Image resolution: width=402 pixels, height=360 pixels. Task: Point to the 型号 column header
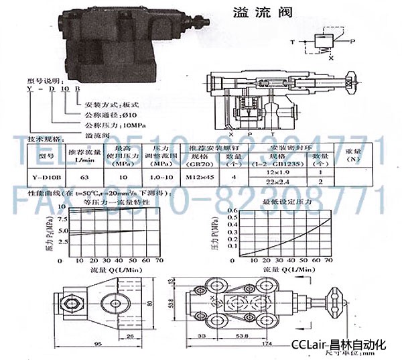(45, 156)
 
